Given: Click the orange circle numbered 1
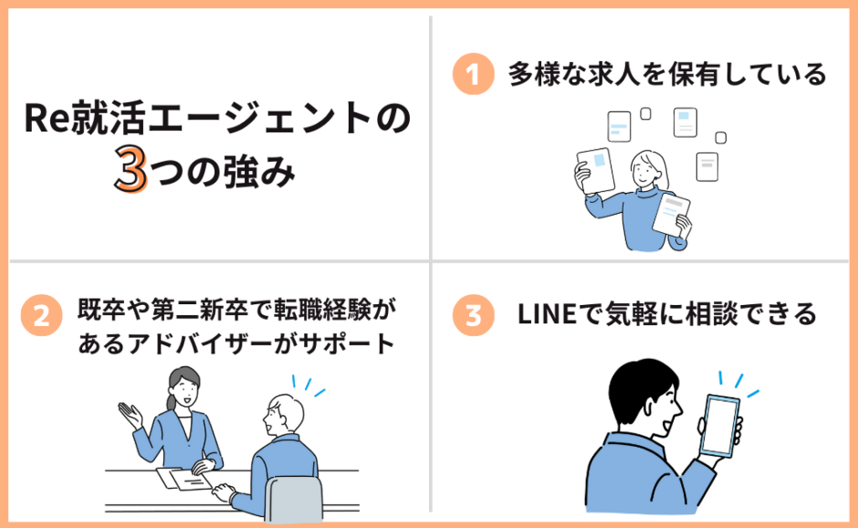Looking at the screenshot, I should [x=472, y=74].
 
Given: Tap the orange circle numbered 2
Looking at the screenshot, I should [x=41, y=315].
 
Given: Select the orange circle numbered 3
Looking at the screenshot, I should [x=472, y=315].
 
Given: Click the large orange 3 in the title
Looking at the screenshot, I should [x=131, y=171].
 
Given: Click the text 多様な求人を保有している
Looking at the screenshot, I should [x=666, y=74].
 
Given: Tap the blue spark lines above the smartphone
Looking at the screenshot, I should [x=739, y=384].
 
